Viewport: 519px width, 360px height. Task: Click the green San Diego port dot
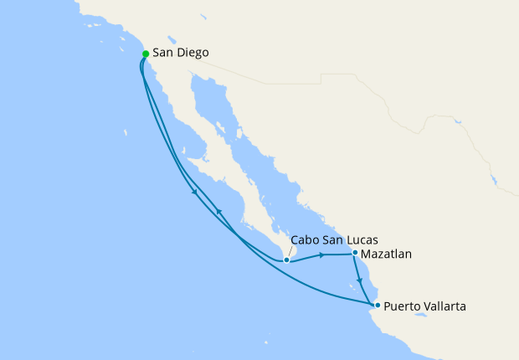tap(146, 54)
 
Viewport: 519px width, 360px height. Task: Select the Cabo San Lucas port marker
tap(286, 260)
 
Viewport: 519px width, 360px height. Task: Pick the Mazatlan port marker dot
tap(355, 253)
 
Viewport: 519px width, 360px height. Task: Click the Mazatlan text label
tap(387, 253)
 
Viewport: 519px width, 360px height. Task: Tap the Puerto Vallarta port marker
tap(378, 305)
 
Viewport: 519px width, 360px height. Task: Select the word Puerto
tap(404, 306)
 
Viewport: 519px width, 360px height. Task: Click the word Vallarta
tap(446, 306)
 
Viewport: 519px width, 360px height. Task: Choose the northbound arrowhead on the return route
tap(218, 211)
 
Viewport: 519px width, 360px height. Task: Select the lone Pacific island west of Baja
tap(125, 132)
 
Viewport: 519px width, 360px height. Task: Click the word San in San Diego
tap(162, 53)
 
